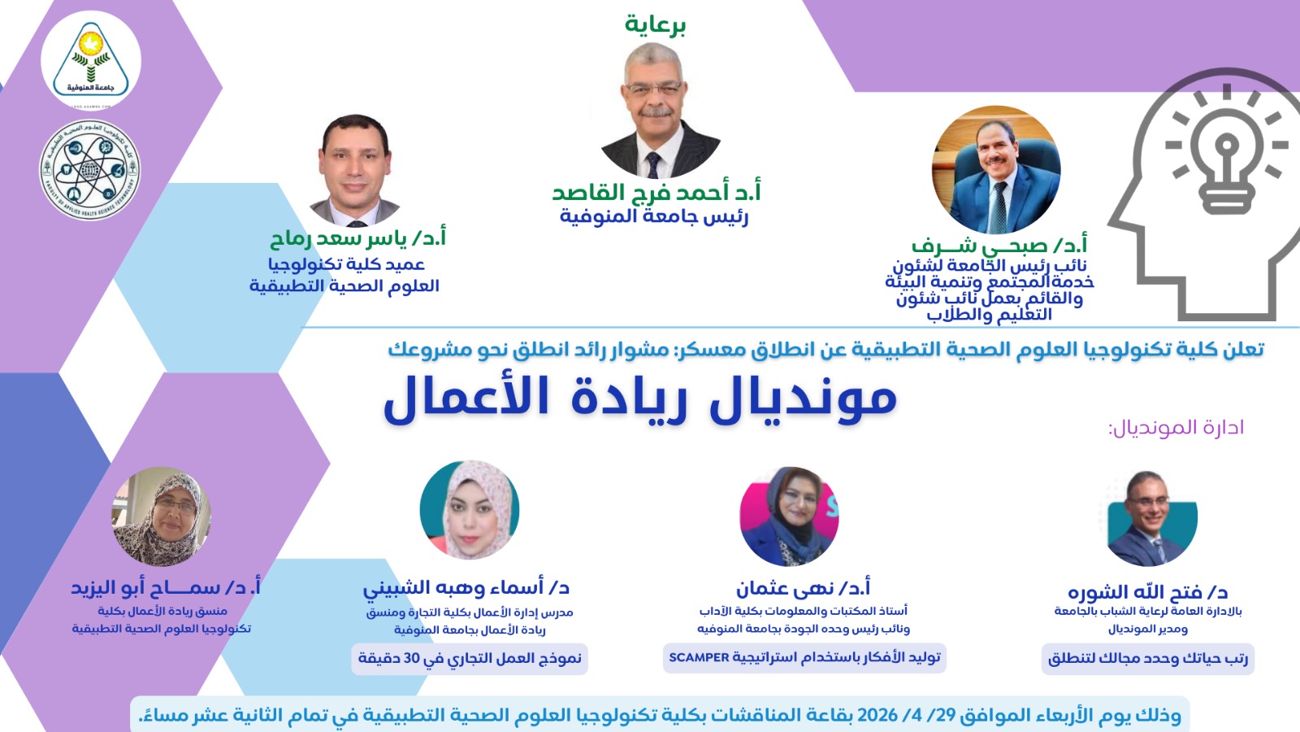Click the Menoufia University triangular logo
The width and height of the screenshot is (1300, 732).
tap(90, 61)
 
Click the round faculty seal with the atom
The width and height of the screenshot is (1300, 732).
tap(90, 170)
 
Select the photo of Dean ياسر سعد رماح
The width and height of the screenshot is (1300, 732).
tap(354, 170)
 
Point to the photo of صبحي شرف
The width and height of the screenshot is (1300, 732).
tap(996, 170)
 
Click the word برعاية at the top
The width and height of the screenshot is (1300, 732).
tap(655, 25)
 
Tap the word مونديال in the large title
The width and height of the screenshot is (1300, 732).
tap(804, 399)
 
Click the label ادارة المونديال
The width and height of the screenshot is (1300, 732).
tap(1176, 427)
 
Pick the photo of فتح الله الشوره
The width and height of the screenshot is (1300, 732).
tap(1149, 518)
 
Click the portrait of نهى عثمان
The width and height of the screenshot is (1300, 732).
tap(789, 516)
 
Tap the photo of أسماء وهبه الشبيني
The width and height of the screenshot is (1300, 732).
tap(470, 510)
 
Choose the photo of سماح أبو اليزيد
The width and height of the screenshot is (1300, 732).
tap(162, 516)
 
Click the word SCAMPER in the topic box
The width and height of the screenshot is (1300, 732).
tap(699, 657)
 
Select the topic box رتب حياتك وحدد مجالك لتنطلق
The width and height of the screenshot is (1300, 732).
tap(1147, 658)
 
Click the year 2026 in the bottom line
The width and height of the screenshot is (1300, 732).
tap(877, 715)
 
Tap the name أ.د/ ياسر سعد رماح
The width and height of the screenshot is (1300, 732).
tap(357, 238)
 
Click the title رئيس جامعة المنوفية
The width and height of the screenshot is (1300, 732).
tap(654, 217)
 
